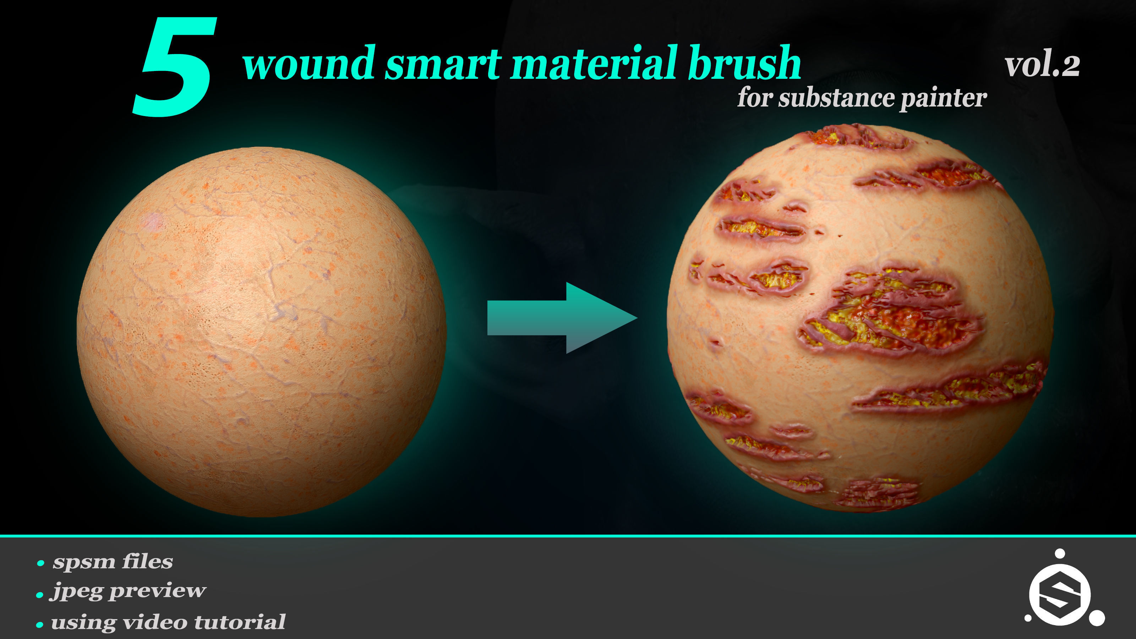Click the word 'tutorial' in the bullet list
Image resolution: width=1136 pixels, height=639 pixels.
coord(240,622)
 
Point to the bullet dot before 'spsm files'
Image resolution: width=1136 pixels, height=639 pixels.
coord(40,563)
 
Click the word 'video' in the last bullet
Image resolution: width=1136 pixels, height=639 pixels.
coord(155,622)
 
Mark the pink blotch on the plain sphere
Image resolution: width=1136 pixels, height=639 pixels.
coord(153,221)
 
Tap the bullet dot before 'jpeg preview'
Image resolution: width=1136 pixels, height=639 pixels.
coord(40,595)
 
